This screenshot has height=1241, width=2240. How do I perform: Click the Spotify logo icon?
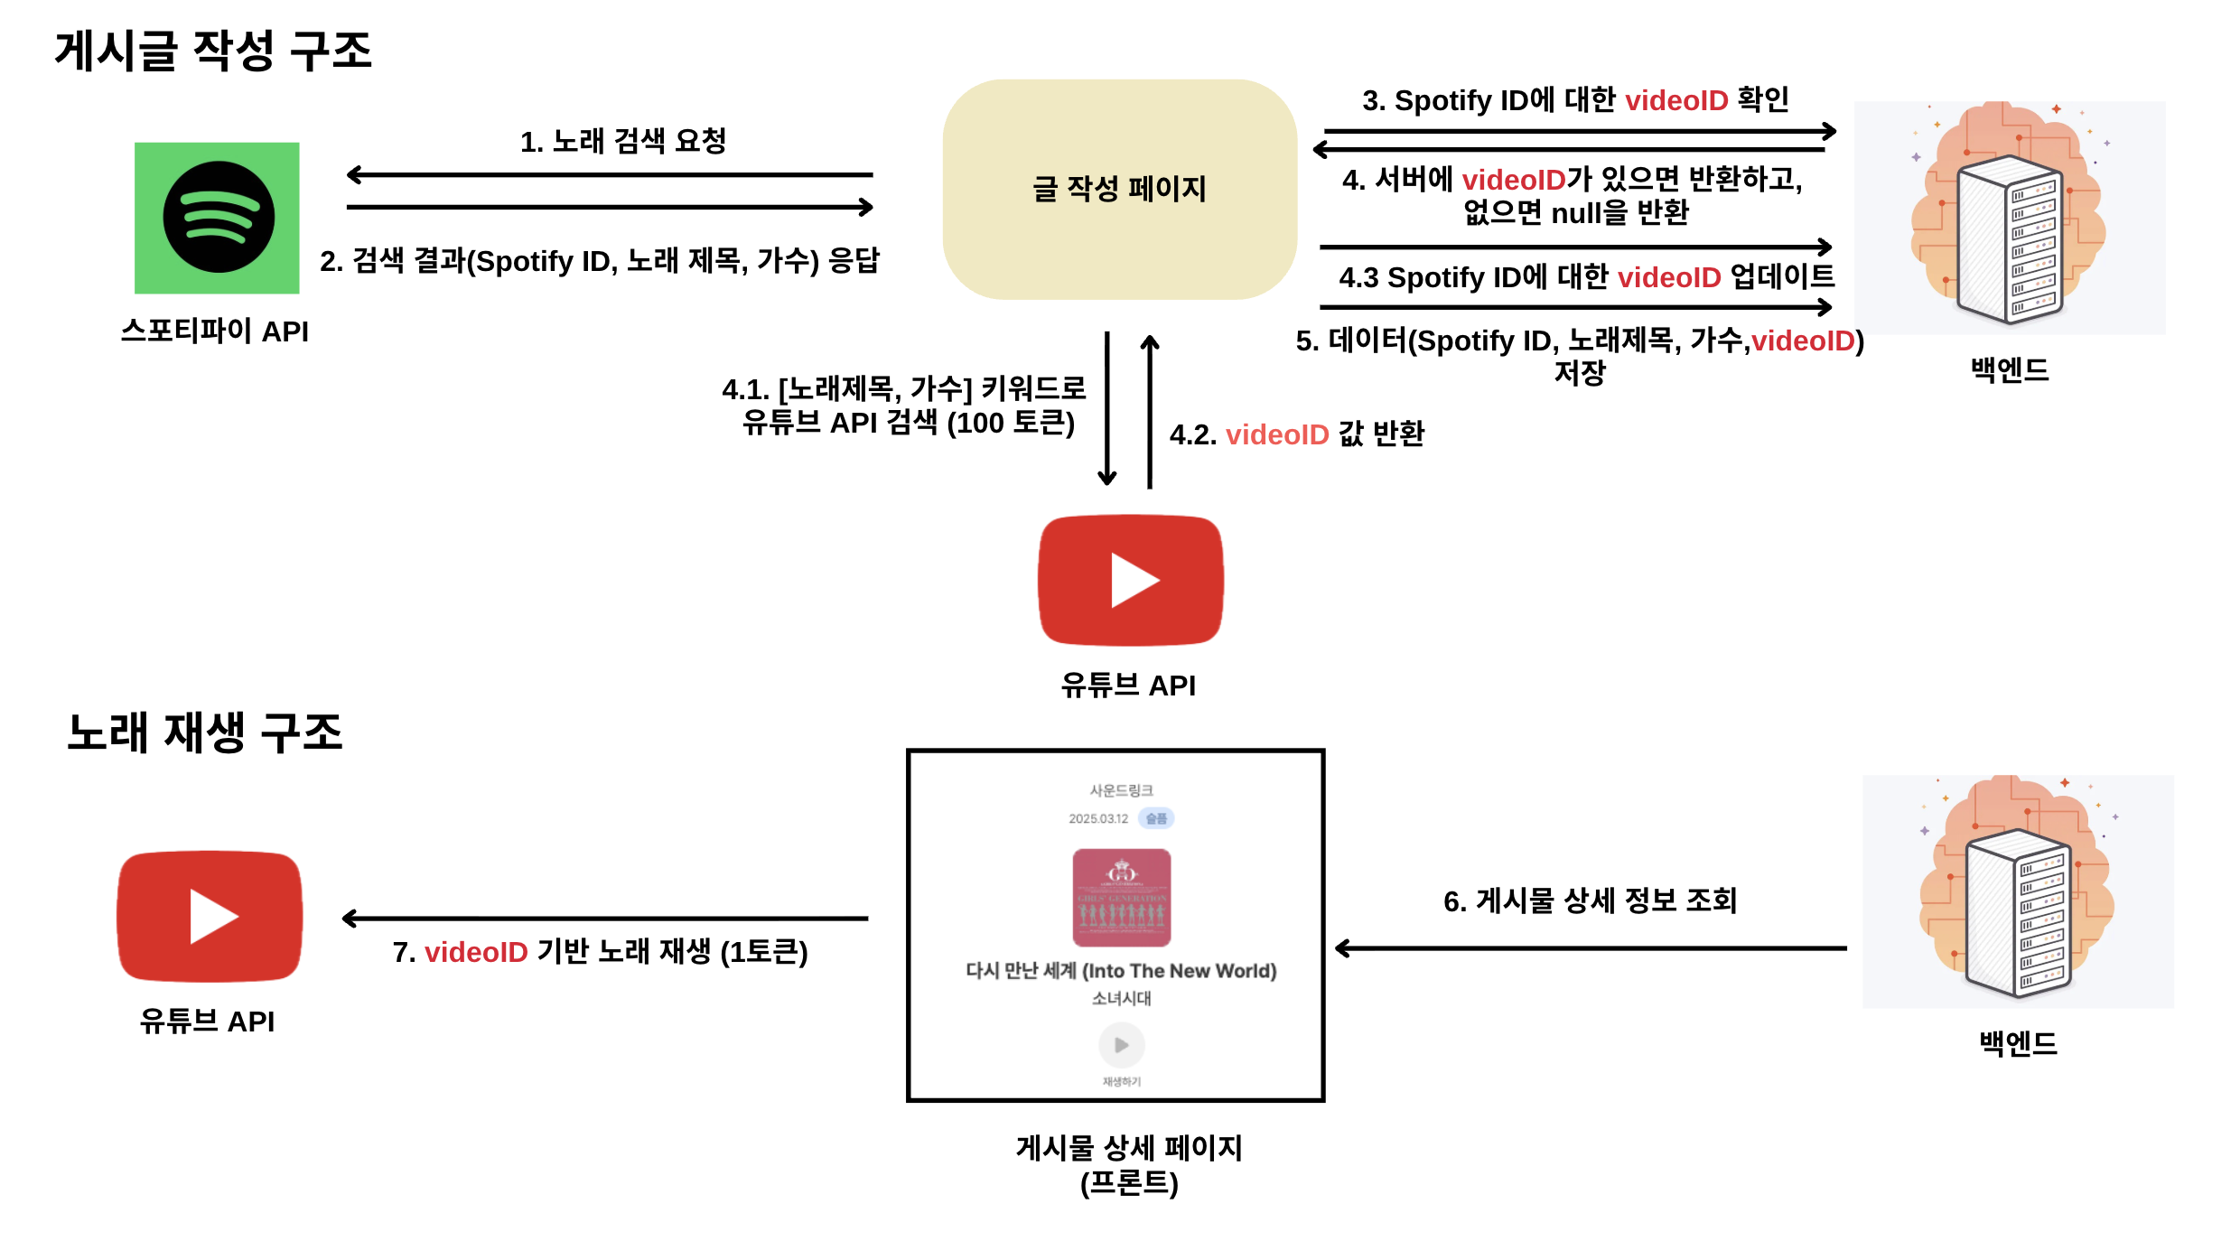(x=217, y=218)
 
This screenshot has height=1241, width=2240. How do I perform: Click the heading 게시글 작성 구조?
(x=213, y=51)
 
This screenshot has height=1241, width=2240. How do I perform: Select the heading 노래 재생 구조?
(x=205, y=732)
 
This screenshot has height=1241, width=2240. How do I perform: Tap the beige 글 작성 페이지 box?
(x=1119, y=189)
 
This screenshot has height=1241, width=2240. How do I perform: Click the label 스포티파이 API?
(x=215, y=331)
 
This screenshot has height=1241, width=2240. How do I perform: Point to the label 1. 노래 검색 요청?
(x=623, y=141)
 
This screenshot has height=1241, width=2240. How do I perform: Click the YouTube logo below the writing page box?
(x=1131, y=580)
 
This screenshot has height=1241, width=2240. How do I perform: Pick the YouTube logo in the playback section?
(x=210, y=916)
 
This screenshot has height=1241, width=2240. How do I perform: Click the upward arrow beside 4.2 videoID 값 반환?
(x=1150, y=411)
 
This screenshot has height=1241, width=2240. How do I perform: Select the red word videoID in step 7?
(x=476, y=952)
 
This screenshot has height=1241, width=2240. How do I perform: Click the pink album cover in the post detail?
(x=1122, y=897)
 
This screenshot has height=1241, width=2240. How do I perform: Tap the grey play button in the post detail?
(x=1122, y=1045)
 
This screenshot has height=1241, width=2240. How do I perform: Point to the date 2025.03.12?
(x=1098, y=819)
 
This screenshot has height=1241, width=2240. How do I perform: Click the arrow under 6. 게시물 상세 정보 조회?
(x=1590, y=948)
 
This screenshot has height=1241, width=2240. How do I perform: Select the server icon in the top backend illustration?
(x=2010, y=239)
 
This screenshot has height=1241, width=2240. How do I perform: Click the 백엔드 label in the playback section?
(x=2018, y=1043)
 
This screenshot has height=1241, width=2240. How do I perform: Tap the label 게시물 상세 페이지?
(x=1129, y=1148)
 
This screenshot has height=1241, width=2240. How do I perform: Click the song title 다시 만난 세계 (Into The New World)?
(x=1121, y=971)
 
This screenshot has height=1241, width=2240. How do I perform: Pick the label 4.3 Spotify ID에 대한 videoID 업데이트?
(x=1586, y=277)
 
